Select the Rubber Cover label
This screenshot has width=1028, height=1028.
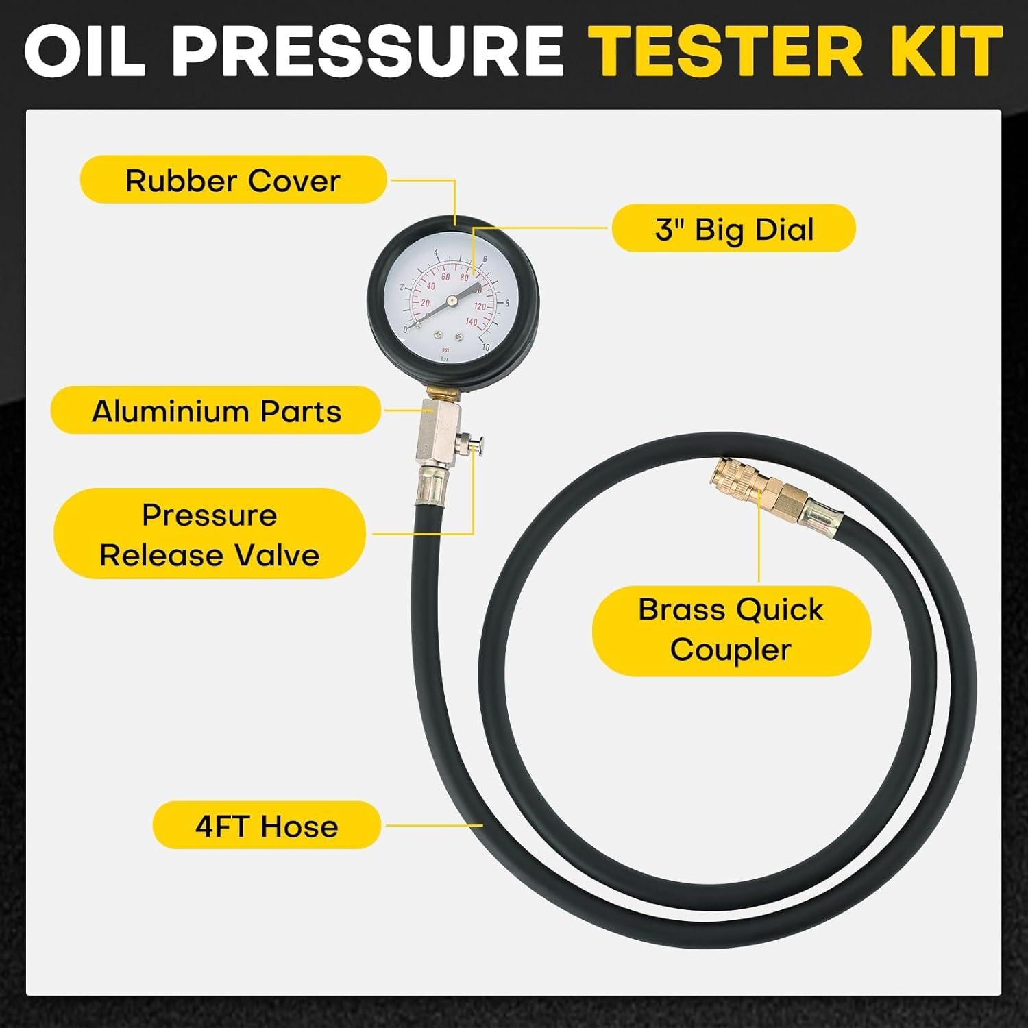point(233,180)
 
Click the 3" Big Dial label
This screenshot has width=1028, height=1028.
point(733,229)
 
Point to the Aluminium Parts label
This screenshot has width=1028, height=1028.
point(216,411)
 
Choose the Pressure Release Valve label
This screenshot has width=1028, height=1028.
point(209,535)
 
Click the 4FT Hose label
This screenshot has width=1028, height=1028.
point(266,827)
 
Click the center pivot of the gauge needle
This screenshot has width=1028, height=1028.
point(452,299)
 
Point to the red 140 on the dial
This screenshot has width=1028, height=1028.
point(472,321)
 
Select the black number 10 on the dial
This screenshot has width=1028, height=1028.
point(485,347)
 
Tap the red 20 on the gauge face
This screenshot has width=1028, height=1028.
point(425,303)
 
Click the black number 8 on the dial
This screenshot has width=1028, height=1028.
point(506,302)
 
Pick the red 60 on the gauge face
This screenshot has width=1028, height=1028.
point(445,276)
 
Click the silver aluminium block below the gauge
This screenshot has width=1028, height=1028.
point(432,432)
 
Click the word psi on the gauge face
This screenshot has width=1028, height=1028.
point(445,350)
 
